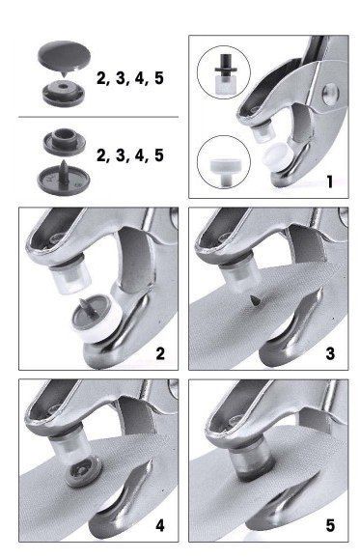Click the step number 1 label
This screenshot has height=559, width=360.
point(330,182)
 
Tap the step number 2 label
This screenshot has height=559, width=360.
point(160,353)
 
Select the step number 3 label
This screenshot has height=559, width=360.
point(330,353)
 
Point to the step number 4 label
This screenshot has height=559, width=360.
point(160,525)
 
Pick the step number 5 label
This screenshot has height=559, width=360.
point(330,525)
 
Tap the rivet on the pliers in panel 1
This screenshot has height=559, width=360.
point(331,94)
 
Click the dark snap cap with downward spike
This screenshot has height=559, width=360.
point(64,58)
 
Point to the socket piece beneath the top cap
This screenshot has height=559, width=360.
point(64,94)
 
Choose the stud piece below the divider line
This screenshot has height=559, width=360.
point(65,142)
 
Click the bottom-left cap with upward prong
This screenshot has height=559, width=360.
point(64,179)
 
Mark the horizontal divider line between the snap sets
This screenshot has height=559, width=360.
point(98,117)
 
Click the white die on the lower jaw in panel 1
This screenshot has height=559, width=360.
point(277,156)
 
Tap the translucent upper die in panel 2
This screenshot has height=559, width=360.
point(70,277)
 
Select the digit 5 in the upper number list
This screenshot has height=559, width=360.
point(159,78)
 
